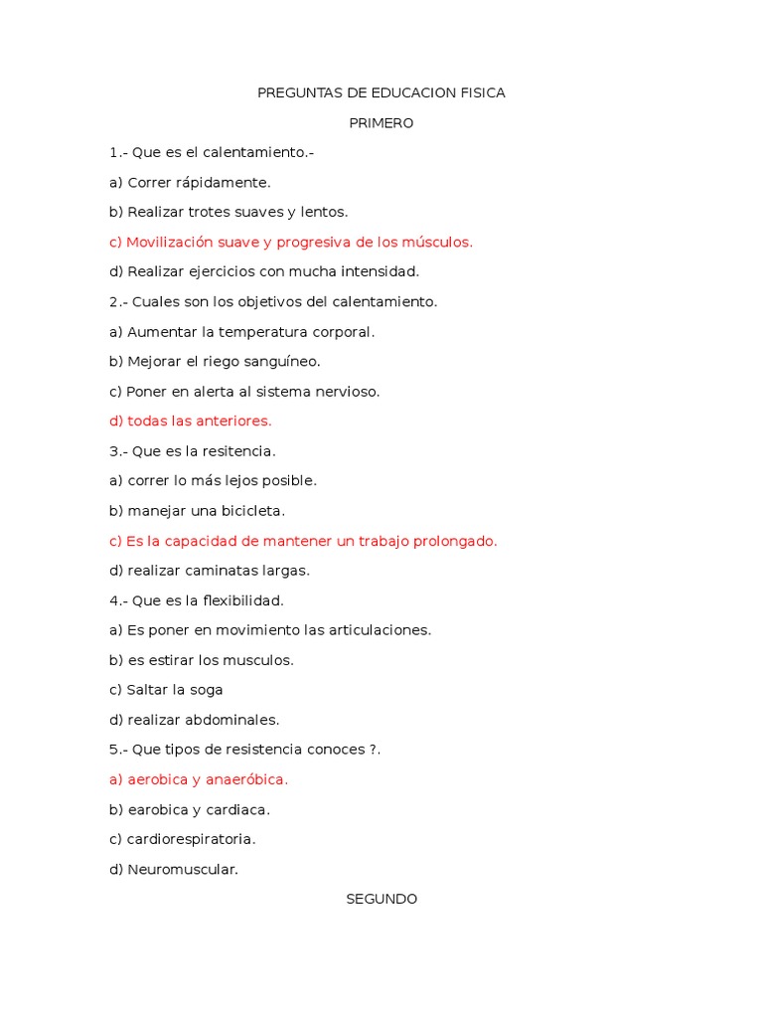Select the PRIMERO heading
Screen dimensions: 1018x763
coord(381,123)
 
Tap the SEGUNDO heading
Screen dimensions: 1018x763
coord(381,899)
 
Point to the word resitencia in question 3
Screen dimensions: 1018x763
coord(238,451)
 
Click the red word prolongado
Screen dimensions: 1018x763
coord(457,541)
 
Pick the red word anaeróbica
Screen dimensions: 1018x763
coord(244,779)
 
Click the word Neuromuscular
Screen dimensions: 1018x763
coord(183,869)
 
